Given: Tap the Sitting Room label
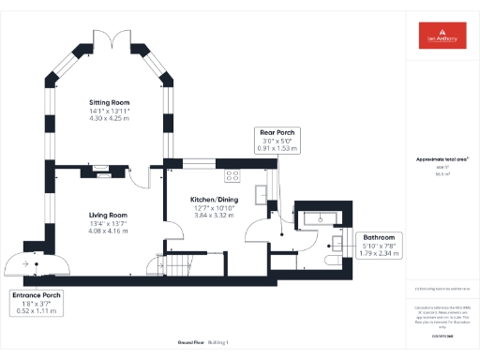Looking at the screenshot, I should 109,102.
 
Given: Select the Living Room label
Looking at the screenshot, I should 108,215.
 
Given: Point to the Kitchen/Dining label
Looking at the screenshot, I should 211,201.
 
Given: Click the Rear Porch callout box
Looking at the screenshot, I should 278,141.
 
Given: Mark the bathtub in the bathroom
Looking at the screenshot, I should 320,217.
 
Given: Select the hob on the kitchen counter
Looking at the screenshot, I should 232,173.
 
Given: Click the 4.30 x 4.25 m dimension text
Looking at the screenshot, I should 109,119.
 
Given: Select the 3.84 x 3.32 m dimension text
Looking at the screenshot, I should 211,216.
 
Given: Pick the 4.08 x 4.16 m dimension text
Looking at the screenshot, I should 108,230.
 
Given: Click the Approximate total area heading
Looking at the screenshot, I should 442,159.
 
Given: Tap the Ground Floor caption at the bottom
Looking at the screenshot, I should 178,342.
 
